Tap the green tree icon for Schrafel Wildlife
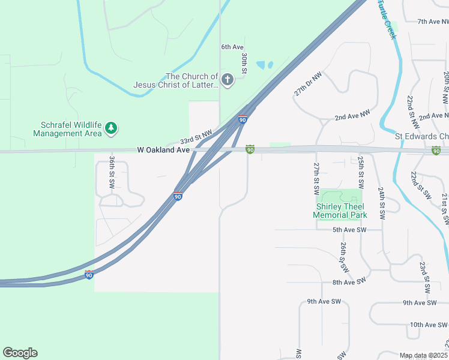[x=111, y=128]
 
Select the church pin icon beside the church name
[x=227, y=80]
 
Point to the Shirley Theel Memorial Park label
[x=341, y=211]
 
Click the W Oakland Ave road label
[x=163, y=149]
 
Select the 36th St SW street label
[x=112, y=173]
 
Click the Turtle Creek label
[x=387, y=18]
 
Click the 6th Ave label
[x=232, y=47]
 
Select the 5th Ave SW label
[x=349, y=230]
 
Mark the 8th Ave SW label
[x=349, y=282]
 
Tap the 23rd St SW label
[x=424, y=278]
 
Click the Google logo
[x=20, y=353]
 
